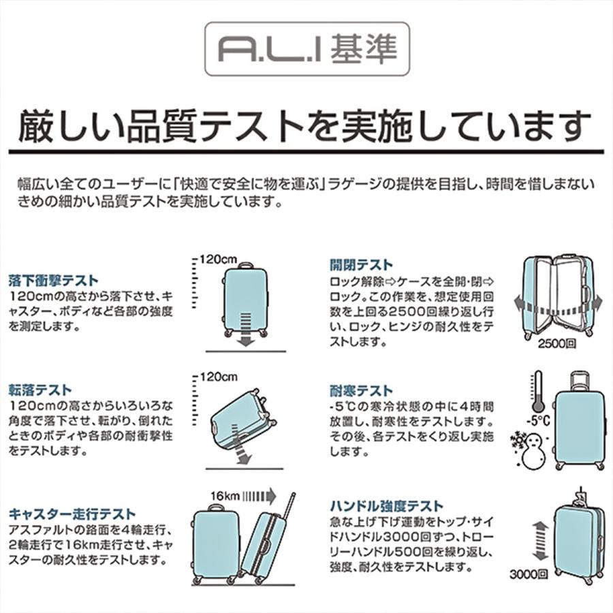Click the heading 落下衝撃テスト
tap(53, 280)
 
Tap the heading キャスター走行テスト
tap(72, 514)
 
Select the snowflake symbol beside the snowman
tap(518, 439)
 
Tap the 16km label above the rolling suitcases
tap(225, 495)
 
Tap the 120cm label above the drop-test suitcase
tap(219, 259)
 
